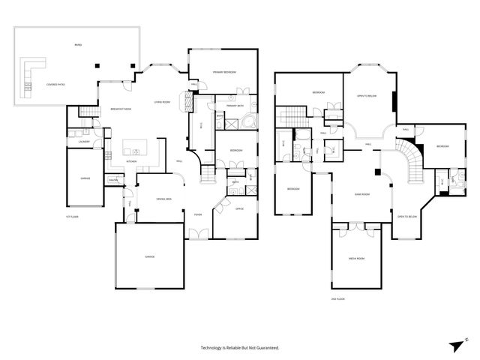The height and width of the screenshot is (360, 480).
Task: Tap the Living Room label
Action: [162, 102]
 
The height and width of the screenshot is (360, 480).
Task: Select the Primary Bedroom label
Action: [223, 72]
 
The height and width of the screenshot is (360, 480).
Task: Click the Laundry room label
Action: [83, 142]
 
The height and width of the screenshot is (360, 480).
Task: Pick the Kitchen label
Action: [131, 161]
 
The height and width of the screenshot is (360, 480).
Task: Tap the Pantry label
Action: [114, 180]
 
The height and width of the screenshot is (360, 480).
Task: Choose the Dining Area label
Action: [163, 199]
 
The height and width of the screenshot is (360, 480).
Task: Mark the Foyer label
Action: [198, 214]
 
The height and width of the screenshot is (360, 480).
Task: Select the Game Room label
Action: [364, 194]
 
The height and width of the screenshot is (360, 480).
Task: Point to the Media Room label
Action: [356, 259]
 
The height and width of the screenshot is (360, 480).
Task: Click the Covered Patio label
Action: [55, 85]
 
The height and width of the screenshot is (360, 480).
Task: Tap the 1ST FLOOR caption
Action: [73, 215]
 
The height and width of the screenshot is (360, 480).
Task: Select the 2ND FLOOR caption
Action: [337, 298]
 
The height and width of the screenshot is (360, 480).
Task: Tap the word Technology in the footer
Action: [214, 348]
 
